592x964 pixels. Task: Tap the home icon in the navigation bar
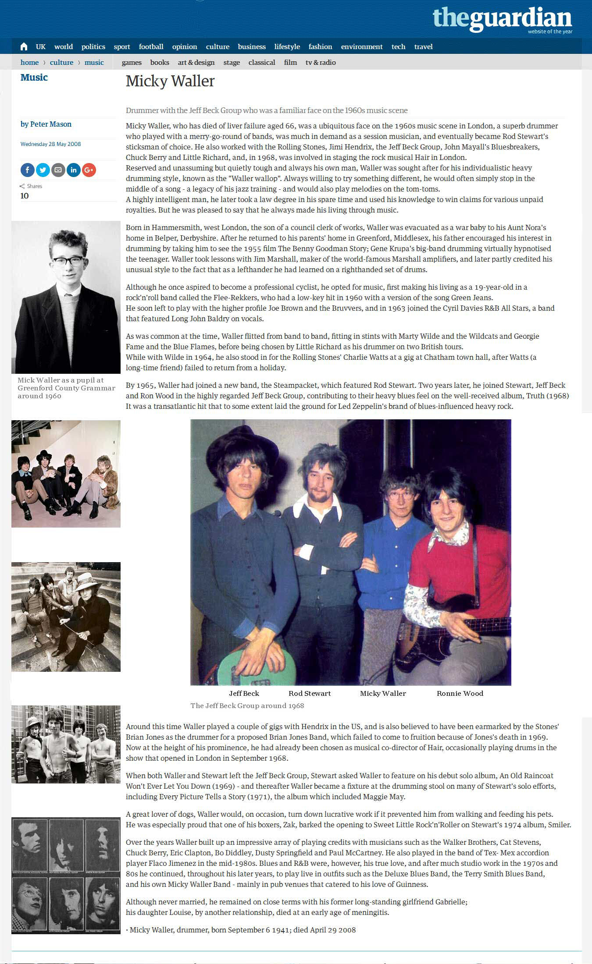point(24,46)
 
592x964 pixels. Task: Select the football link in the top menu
point(151,46)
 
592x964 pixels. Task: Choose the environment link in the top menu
point(362,46)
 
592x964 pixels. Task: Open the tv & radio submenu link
point(321,62)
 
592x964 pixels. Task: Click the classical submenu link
point(262,62)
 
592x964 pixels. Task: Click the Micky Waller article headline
point(170,81)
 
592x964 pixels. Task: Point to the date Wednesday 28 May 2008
point(50,144)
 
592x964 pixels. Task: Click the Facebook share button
point(27,170)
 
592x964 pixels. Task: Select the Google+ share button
point(89,170)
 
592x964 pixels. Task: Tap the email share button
point(58,170)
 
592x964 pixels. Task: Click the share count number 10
point(25,196)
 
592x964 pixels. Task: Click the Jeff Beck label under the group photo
point(244,693)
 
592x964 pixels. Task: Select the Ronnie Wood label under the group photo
point(460,693)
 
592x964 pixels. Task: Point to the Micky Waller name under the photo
point(383,693)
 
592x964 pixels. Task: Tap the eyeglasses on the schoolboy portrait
point(68,261)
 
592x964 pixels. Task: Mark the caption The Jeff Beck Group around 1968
point(247,705)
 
